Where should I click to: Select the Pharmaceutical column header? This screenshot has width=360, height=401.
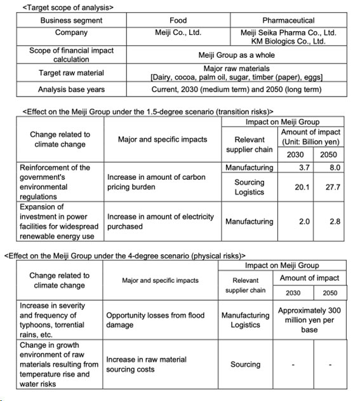(288, 20)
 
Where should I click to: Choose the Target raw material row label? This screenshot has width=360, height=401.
(71, 73)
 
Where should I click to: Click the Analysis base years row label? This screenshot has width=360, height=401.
(71, 90)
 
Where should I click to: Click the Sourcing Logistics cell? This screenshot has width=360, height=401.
(249, 187)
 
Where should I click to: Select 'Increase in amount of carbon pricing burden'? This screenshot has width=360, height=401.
(156, 182)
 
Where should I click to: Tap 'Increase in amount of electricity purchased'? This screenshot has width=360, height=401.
(161, 221)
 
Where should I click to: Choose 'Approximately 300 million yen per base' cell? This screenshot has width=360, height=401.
(309, 320)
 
